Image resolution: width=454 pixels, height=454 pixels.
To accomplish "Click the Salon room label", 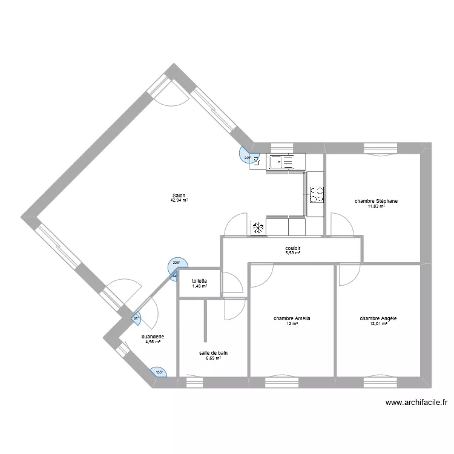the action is tap(179, 196).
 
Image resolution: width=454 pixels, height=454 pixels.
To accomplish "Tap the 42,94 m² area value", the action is tap(179, 200).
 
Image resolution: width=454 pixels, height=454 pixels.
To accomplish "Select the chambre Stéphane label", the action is tap(376, 201).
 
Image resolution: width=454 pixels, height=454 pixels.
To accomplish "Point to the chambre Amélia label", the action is tap(292, 318).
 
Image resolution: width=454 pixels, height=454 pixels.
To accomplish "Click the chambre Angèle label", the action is tap(378, 318).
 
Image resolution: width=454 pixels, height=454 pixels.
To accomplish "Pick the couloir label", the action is tap(293, 248).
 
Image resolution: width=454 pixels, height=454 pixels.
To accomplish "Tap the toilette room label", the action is tap(200, 281).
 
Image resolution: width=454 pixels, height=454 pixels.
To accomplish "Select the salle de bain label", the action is tap(214, 353).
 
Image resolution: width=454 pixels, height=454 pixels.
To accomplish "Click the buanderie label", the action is tap(153, 337).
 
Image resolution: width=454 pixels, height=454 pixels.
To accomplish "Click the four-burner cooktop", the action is tap(317, 194).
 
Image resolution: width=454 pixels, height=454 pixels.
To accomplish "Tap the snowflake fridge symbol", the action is tap(258, 228).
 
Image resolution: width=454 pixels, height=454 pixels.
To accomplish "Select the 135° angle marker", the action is tap(159, 372).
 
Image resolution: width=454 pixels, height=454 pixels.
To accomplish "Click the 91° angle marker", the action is tap(136, 318).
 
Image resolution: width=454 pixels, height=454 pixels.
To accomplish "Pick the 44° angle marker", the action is tap(174, 276).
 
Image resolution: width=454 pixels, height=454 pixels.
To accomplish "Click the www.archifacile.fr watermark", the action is tap(416, 403).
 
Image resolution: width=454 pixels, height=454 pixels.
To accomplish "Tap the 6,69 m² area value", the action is tap(214, 358).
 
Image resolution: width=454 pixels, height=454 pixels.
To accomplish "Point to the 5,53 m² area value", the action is tap(293, 253).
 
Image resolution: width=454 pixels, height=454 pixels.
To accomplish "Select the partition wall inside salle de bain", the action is tap(206, 320).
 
